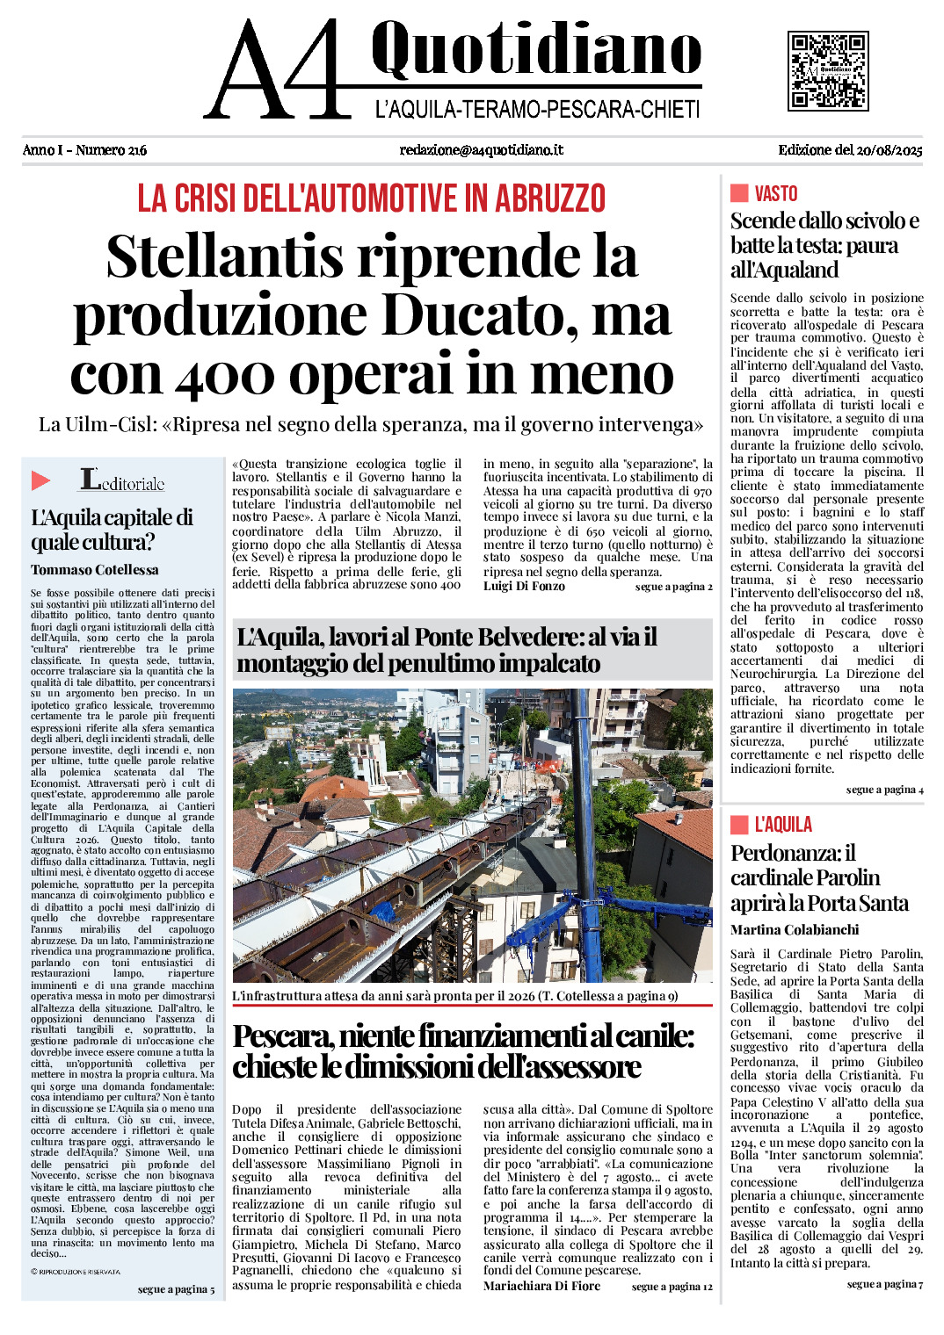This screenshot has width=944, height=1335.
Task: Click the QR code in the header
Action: (x=828, y=71)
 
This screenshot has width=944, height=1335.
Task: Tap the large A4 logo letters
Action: (x=277, y=70)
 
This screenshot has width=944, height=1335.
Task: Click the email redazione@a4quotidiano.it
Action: (x=481, y=150)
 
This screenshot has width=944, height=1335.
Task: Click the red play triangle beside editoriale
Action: (x=40, y=480)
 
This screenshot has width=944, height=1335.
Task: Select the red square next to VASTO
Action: (x=739, y=193)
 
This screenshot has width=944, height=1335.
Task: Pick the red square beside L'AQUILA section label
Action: (x=739, y=824)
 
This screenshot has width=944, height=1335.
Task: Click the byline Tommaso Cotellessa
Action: (x=95, y=570)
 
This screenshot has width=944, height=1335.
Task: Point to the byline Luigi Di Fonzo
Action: (x=524, y=586)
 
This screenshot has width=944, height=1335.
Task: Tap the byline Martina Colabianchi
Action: (x=795, y=929)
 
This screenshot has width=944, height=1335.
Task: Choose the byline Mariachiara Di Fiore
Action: (x=541, y=1286)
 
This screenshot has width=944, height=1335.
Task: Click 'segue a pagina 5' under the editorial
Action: (x=176, y=1289)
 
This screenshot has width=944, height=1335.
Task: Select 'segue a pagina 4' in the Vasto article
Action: (x=884, y=790)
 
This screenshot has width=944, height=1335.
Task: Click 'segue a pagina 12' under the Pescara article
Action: (x=672, y=1287)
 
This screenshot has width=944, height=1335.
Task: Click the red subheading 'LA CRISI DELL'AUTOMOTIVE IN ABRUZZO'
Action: (x=371, y=198)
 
